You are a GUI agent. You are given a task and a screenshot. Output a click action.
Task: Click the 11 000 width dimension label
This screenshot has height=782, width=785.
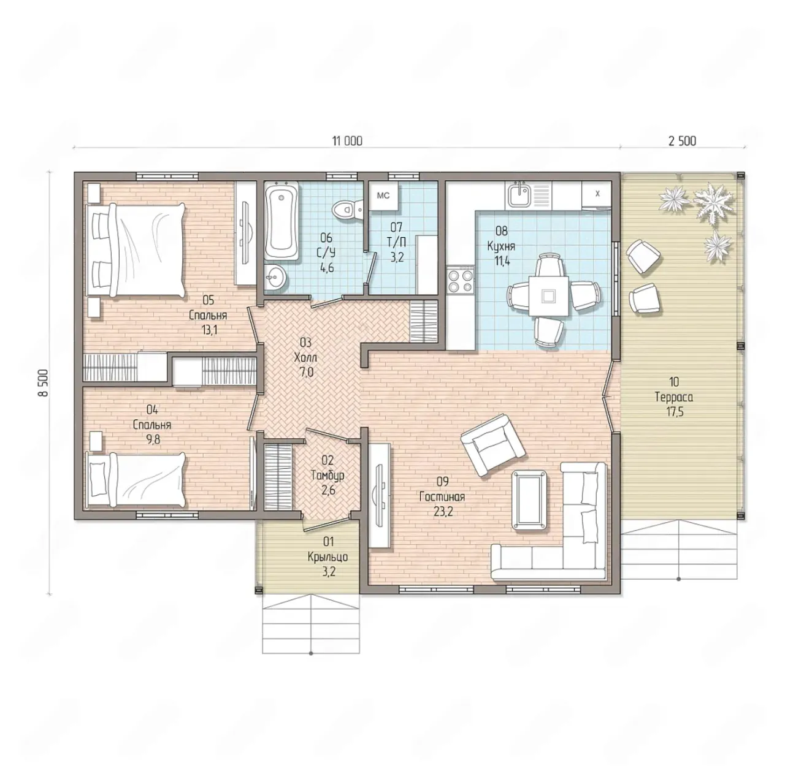[347, 141]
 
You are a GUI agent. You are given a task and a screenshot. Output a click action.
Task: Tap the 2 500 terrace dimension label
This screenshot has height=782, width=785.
[682, 141]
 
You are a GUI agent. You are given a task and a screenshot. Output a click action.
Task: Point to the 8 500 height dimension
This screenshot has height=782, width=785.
[44, 382]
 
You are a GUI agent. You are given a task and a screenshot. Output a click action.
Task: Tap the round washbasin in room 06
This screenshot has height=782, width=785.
[275, 278]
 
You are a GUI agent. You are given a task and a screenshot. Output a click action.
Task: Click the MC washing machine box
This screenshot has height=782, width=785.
[383, 195]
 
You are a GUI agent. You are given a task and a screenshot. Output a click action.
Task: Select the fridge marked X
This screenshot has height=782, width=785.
[597, 195]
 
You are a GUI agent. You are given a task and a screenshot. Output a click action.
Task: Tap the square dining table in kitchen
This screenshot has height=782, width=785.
[549, 295]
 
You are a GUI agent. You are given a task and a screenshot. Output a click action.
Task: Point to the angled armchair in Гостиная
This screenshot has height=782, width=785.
[492, 446]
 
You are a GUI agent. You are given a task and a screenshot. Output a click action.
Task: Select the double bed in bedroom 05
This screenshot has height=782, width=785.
[134, 250]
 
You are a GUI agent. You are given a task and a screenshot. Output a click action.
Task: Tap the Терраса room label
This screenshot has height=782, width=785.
[674, 397]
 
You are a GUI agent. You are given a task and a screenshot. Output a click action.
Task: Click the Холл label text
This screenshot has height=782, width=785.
[305, 358]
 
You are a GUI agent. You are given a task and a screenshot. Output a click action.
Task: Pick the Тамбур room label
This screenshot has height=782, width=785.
[327, 476]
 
